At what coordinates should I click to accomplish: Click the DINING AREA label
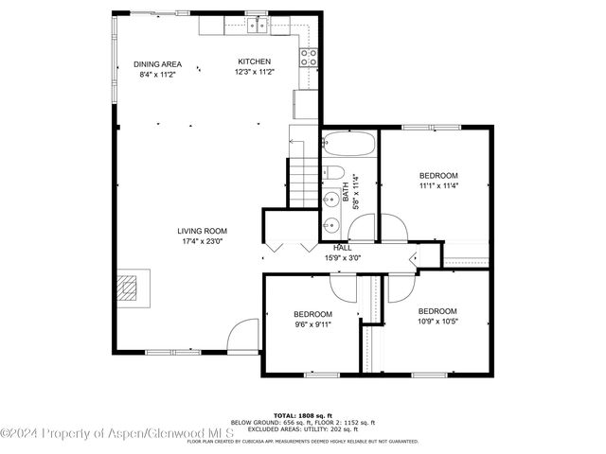pos(159,64)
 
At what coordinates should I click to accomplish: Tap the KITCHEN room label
pos(254,61)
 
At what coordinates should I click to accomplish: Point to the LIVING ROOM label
pos(202,231)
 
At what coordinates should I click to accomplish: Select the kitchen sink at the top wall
pos(256,24)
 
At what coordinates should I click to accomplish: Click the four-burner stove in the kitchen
pos(309,57)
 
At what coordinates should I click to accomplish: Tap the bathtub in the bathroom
pos(349,146)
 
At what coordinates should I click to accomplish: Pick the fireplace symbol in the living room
pos(132,287)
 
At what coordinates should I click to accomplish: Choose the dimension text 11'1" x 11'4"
pos(438,185)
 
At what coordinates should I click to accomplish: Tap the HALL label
pos(343,247)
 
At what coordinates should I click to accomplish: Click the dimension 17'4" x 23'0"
pos(202,241)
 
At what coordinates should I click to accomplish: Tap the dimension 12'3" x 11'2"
pos(254,72)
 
